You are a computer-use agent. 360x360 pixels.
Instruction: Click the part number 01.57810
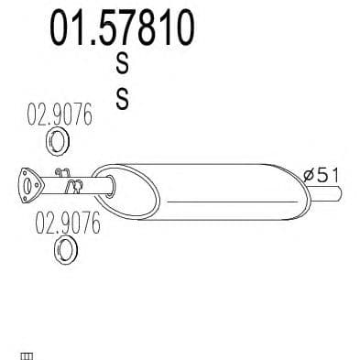click(x=122, y=27)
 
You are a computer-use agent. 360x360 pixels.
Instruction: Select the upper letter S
click(x=123, y=63)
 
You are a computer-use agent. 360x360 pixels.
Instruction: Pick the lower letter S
click(x=123, y=98)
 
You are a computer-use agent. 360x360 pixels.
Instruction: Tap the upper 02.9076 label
click(x=60, y=115)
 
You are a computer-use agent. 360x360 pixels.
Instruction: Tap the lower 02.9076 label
click(x=68, y=224)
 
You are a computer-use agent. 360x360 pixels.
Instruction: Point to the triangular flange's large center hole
click(x=27, y=186)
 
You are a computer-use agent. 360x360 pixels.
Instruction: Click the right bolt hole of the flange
click(x=38, y=185)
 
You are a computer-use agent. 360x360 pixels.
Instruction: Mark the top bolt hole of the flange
click(x=24, y=173)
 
